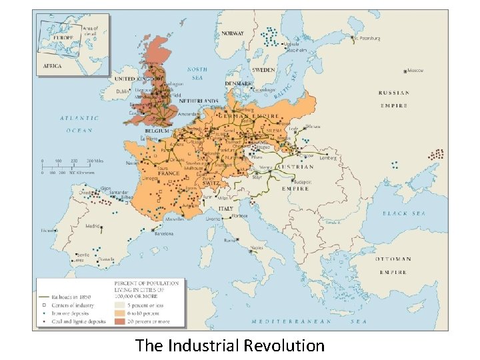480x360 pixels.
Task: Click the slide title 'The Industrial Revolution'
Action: (229, 345)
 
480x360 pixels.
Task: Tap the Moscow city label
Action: (416, 71)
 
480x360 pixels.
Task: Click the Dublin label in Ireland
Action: (123, 91)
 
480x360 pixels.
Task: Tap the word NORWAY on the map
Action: (233, 33)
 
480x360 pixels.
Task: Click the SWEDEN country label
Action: (263, 69)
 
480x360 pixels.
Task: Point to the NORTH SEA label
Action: (197, 73)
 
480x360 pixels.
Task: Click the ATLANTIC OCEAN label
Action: (79, 124)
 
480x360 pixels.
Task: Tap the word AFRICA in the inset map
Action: (53, 66)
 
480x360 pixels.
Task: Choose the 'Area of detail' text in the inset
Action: (90, 31)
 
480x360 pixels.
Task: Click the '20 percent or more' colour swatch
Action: (121, 321)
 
